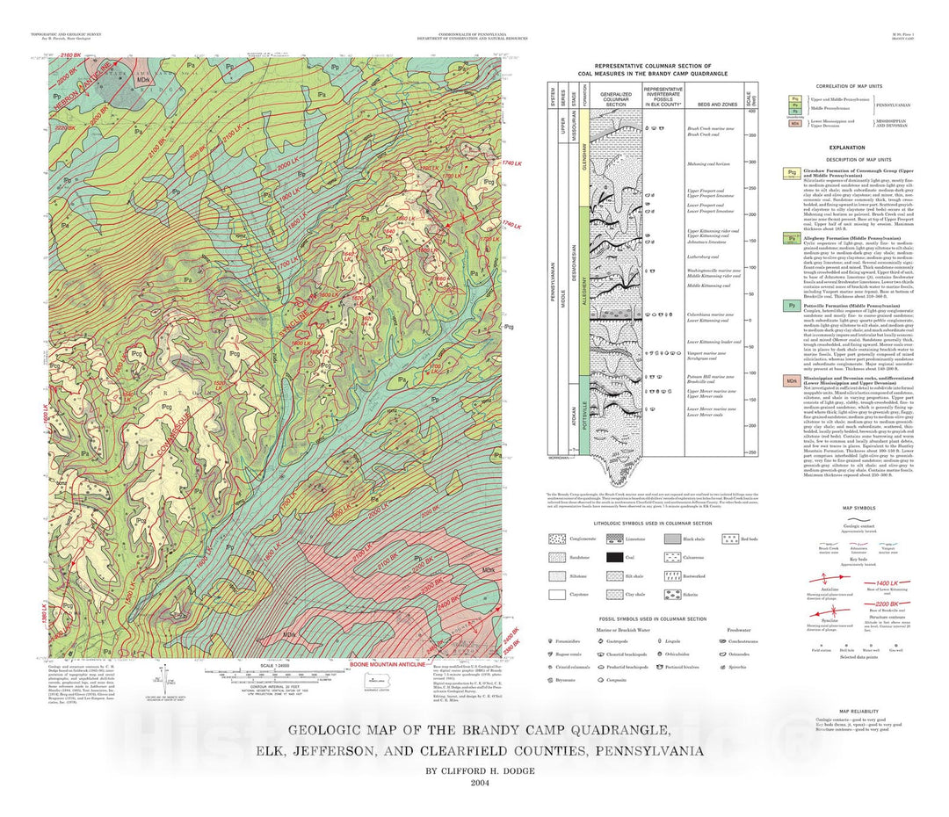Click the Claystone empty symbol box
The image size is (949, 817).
click(556, 595)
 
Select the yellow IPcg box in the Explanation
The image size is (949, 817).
click(793, 174)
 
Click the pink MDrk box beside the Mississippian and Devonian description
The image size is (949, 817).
click(793, 380)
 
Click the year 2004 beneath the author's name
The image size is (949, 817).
click(480, 783)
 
